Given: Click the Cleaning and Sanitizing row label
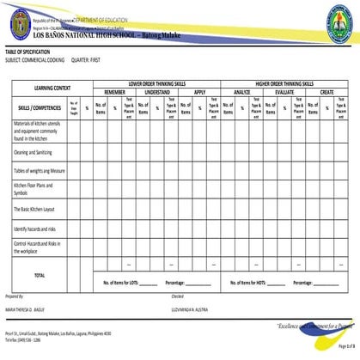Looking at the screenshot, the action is point(34,151).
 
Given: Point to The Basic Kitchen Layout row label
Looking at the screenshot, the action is point(35,209).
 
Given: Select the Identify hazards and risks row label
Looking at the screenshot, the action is point(34,229).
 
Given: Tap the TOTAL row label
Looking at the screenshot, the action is point(40,275).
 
